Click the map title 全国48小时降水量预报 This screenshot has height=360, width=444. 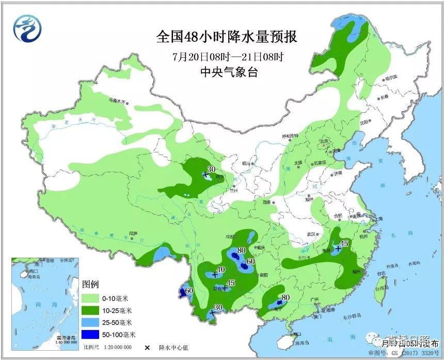tap(227, 37)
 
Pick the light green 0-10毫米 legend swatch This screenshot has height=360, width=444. tap(91, 298)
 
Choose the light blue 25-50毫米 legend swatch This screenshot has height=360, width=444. tap(91, 322)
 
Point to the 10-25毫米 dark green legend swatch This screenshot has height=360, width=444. tap(91, 310)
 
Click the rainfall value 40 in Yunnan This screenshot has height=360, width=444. tap(221, 270)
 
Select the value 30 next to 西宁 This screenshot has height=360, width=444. tap(211, 169)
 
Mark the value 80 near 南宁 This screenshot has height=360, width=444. tap(285, 297)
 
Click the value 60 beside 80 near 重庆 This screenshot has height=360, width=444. tap(251, 262)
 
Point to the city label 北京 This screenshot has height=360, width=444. tap(324, 140)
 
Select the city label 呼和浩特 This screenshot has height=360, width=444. tap(290, 136)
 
